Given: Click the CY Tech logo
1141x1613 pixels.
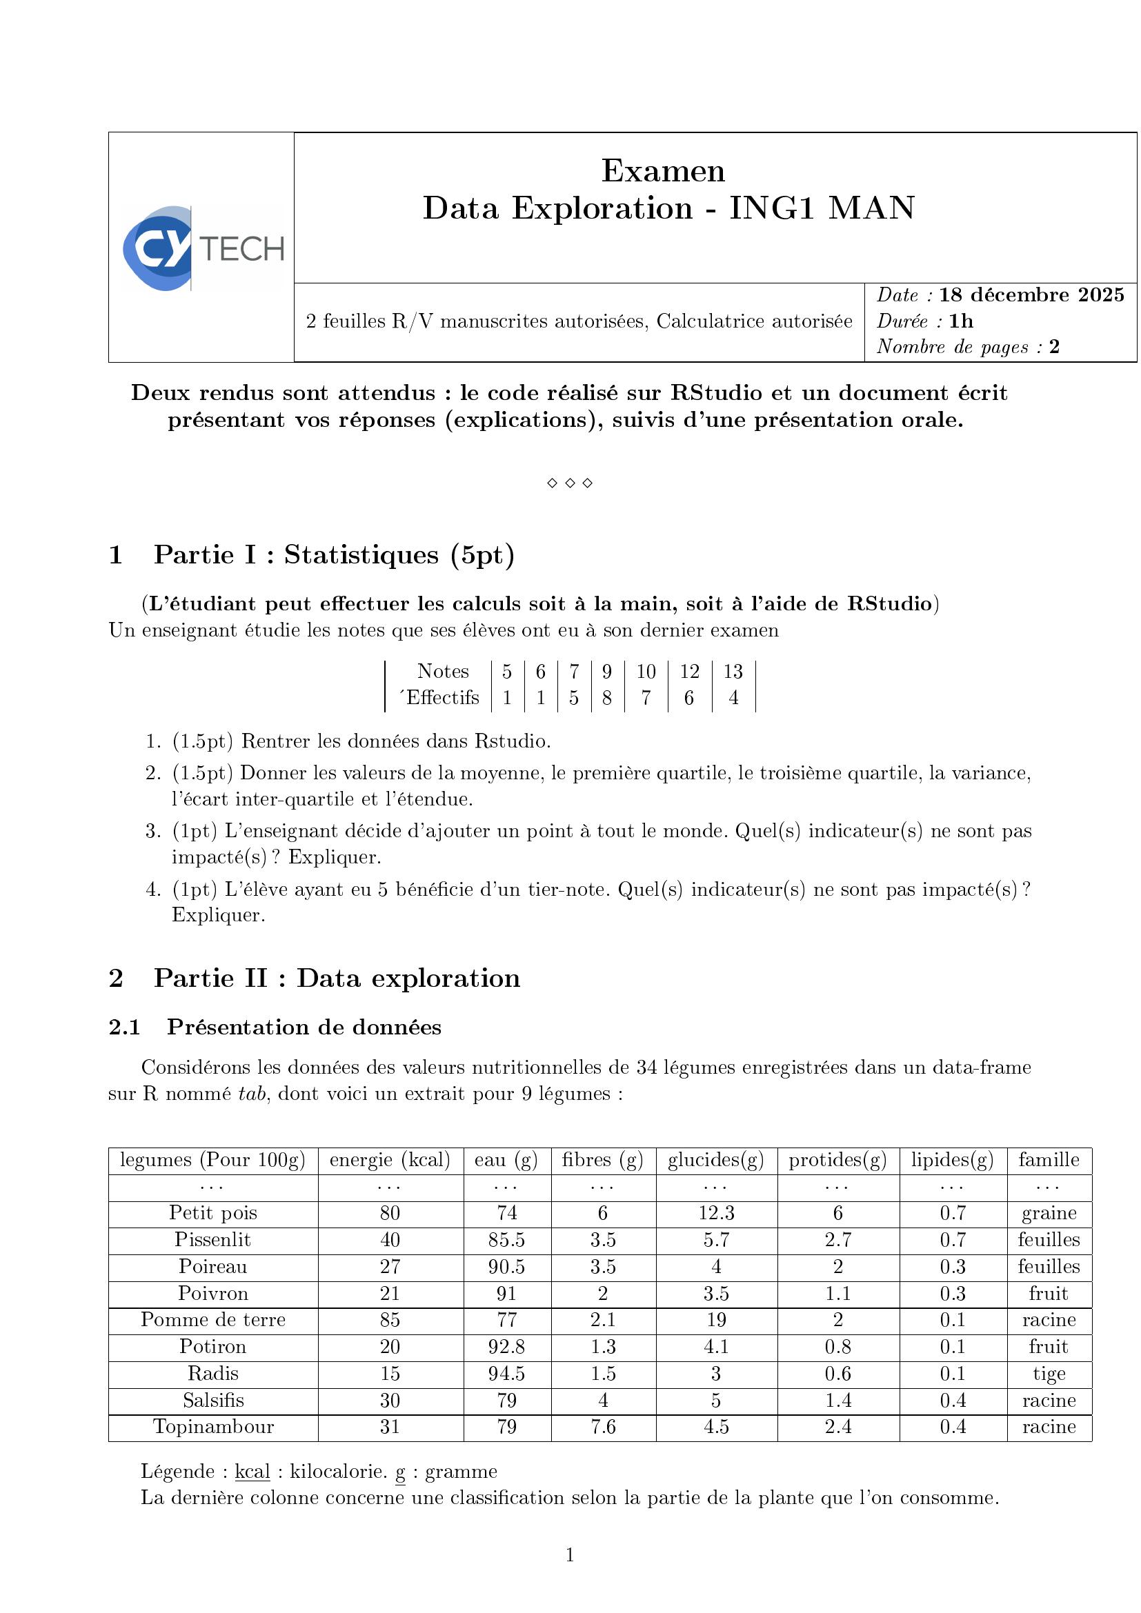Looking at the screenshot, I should [x=202, y=248].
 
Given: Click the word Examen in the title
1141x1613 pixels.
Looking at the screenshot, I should [x=662, y=171].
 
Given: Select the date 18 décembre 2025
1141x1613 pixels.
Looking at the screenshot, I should [x=1031, y=295].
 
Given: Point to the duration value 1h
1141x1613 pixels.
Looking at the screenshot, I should [x=961, y=321].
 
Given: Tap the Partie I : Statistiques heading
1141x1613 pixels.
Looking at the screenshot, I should [x=334, y=555].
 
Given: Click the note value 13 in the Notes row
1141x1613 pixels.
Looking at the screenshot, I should [x=733, y=672].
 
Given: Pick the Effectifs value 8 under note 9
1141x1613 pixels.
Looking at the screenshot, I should [x=607, y=698].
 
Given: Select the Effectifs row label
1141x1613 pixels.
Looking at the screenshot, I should [x=440, y=698].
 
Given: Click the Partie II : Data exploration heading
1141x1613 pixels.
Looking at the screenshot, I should [x=337, y=978].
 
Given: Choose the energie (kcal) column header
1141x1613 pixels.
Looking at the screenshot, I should [x=390, y=1160].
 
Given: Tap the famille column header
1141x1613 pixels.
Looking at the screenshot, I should [x=1049, y=1160].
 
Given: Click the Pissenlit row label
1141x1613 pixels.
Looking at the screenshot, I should [x=213, y=1240].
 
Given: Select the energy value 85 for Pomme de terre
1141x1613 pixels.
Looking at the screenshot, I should [x=390, y=1320].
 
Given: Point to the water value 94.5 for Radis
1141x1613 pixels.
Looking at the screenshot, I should [x=506, y=1374].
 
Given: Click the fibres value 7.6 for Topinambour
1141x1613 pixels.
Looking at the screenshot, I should [x=604, y=1427].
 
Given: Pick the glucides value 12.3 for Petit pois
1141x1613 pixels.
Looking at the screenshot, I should [x=716, y=1213].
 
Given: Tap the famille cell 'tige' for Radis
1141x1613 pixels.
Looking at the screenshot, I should [x=1049, y=1374].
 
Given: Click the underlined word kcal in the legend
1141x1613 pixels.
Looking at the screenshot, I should [x=252, y=1471].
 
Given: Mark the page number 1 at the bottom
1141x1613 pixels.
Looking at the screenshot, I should [x=570, y=1555].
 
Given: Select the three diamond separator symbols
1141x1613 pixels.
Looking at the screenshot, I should [x=570, y=483].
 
